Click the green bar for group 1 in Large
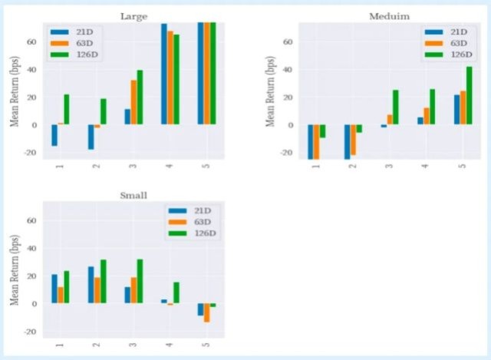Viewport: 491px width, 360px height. pyautogui.click(x=67, y=109)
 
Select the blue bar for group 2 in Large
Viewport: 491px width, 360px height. pyautogui.click(x=91, y=137)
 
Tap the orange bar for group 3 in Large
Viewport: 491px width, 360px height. pyautogui.click(x=134, y=102)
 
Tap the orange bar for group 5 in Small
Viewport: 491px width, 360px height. pyautogui.click(x=207, y=312)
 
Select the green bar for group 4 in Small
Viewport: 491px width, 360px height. pyautogui.click(x=177, y=292)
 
